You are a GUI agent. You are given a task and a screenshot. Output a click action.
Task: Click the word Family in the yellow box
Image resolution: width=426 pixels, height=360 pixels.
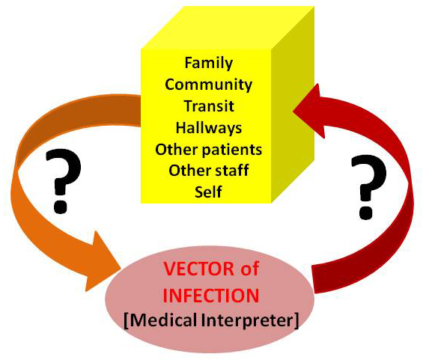pos(208,64)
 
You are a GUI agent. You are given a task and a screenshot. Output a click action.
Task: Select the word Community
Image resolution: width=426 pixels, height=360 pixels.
pos(208,85)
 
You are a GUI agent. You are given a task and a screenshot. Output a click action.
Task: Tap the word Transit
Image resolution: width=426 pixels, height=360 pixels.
pos(208,106)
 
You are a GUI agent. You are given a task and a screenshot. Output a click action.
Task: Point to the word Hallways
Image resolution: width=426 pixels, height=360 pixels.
pos(208,128)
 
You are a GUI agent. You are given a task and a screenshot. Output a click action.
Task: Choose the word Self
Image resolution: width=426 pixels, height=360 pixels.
pos(208,192)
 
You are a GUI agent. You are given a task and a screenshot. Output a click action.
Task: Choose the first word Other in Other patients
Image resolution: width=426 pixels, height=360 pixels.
pos(174,150)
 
